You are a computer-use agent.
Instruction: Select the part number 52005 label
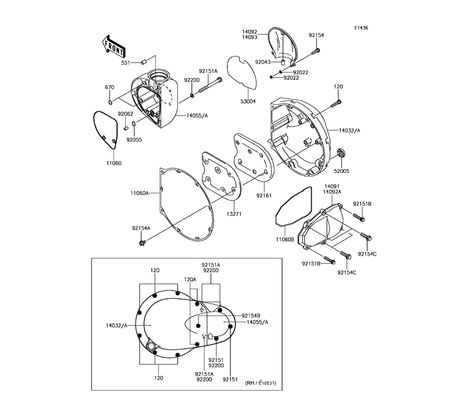pos(341,172)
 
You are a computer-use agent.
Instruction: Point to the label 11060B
pos(285,240)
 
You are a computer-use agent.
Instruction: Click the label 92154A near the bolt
pos(141,228)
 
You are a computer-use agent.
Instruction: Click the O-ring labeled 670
pos(110,102)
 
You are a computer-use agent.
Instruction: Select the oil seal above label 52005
pos(341,153)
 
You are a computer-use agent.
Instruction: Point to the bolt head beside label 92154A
pos(141,243)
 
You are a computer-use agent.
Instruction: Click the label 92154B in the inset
pos(251,315)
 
